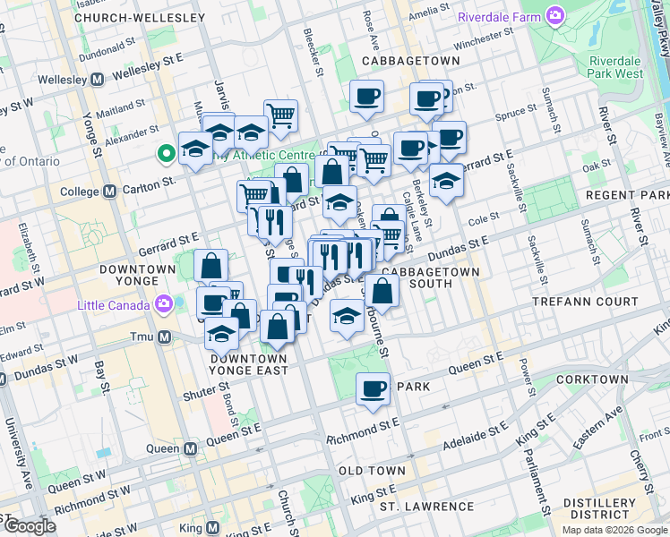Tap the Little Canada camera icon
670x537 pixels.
click(x=164, y=303)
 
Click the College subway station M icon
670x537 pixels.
click(x=109, y=192)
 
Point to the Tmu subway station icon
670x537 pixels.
click(x=164, y=337)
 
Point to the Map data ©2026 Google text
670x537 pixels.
click(x=614, y=530)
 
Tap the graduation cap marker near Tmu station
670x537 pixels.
click(x=221, y=335)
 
